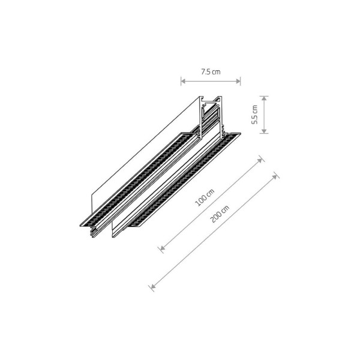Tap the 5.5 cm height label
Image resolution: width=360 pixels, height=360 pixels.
pos(254,115)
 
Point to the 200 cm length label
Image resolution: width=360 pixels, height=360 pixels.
pos(221,214)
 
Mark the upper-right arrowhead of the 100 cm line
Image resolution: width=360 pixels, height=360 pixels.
pos(261,160)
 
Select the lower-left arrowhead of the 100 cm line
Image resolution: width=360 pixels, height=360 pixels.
pos(161,247)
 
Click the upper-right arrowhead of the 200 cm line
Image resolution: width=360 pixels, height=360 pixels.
pos(275,176)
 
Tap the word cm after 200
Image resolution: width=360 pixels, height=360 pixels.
pos(226,209)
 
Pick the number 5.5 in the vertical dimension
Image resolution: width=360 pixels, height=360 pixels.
pos(254,119)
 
